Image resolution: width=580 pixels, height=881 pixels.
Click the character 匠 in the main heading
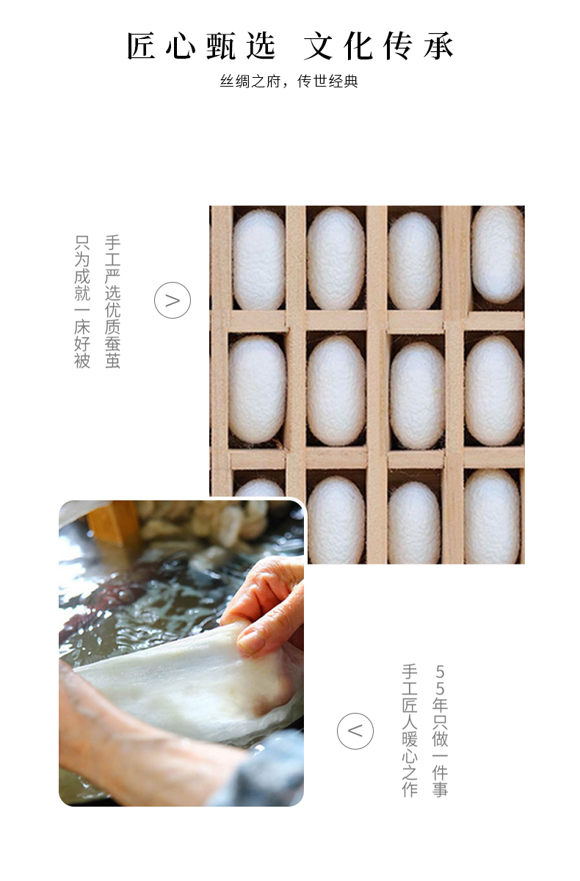click(141, 46)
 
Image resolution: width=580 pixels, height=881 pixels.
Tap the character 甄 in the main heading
click(221, 46)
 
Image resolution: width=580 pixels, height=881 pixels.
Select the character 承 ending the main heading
click(438, 46)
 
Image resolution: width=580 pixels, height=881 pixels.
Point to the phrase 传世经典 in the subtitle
click(327, 81)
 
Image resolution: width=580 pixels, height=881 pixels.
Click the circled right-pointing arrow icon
click(173, 300)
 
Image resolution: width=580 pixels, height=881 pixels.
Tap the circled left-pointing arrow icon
click(355, 731)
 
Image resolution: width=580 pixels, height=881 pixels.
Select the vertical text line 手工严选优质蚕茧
click(112, 302)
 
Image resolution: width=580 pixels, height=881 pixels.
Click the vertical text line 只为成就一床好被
click(82, 302)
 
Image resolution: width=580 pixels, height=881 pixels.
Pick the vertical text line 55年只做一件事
click(440, 730)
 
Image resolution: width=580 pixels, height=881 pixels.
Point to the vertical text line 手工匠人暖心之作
click(410, 730)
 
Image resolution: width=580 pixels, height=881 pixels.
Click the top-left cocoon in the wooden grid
click(258, 259)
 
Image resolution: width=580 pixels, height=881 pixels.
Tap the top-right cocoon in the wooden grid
click(498, 255)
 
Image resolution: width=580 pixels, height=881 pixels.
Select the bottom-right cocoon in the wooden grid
click(493, 516)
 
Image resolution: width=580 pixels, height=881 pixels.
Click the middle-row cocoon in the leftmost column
click(257, 389)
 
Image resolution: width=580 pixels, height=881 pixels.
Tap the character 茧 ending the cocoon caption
click(112, 360)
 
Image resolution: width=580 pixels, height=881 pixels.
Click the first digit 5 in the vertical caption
click(440, 671)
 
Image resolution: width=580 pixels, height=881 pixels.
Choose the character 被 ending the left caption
click(82, 360)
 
